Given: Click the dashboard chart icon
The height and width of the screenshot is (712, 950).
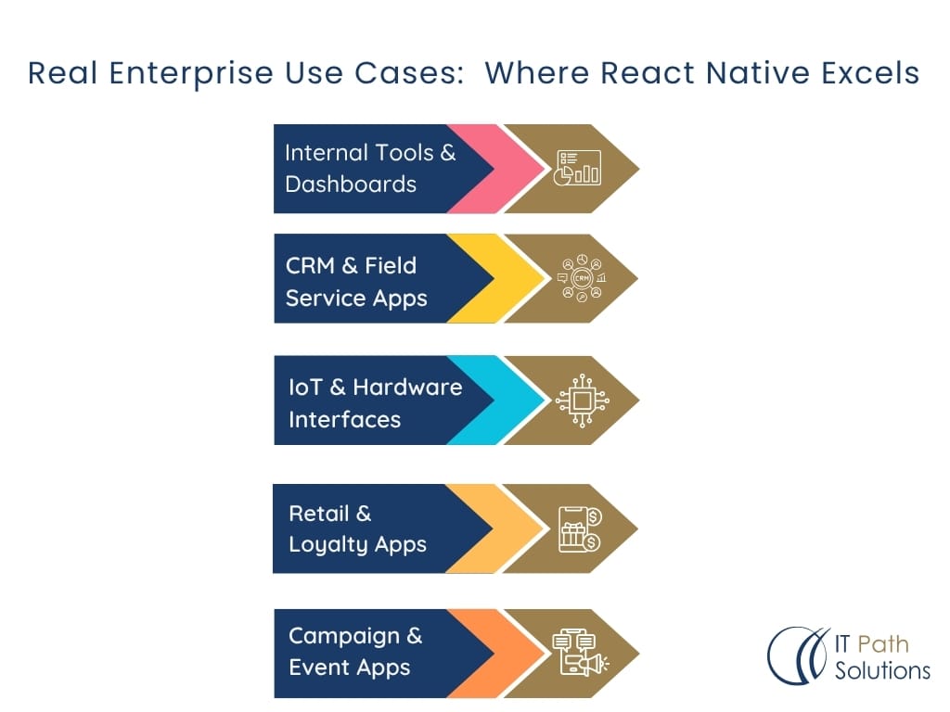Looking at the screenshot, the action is pos(578,168).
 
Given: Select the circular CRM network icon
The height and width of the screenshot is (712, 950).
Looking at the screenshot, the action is pos(582,278).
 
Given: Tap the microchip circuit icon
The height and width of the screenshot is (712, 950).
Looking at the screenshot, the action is pos(583,400).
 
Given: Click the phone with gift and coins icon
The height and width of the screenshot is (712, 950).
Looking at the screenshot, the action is pos(580,529).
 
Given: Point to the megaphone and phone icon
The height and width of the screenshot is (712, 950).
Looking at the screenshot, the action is pos(581,652).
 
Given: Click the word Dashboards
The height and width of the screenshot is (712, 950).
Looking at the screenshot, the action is pos(351,184).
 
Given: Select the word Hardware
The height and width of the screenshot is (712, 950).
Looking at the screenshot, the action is pos(408,387).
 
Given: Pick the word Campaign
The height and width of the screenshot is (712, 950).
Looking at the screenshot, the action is pos(344,637).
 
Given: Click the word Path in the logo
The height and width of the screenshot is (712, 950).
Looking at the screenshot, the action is pos(883,644).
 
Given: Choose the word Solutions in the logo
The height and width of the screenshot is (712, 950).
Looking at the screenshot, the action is pos(883,671).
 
